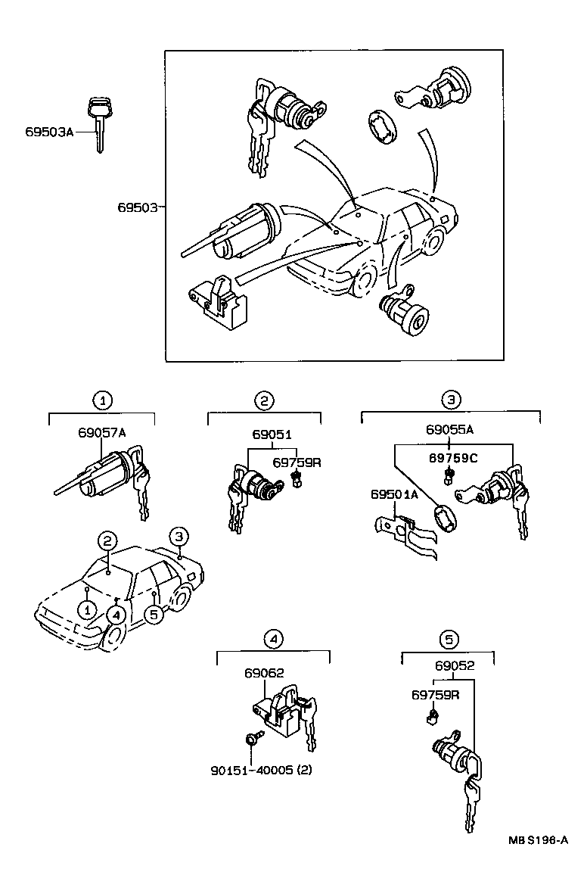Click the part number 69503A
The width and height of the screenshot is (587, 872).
click(49, 132)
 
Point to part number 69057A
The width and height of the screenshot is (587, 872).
click(101, 432)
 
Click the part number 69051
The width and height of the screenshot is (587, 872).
click(272, 434)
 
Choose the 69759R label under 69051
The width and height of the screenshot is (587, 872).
click(297, 462)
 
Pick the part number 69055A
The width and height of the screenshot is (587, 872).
click(449, 429)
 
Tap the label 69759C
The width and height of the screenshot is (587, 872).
click(452, 458)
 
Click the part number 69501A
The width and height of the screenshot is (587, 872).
click(394, 494)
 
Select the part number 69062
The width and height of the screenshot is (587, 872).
click(264, 672)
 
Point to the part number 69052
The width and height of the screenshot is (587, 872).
click(455, 666)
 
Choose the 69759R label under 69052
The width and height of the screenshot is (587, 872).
click(436, 694)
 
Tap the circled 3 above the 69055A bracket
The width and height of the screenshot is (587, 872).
click(451, 399)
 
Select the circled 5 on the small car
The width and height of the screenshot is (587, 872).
click(154, 614)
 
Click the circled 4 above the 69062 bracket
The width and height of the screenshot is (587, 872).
click(273, 640)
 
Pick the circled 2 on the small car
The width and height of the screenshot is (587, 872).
click(108, 540)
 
